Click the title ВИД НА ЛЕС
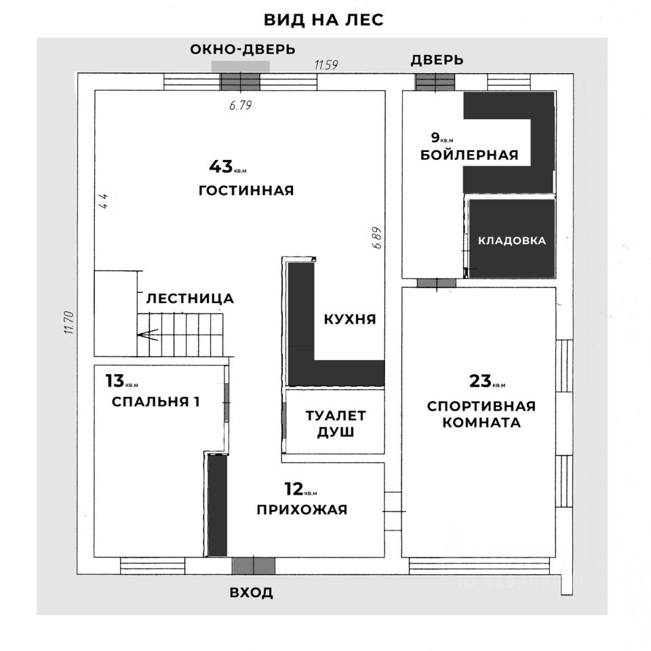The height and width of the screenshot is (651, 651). tap(323, 20)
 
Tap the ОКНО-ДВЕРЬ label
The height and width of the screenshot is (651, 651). tap(242, 50)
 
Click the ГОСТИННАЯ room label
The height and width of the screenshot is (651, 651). tap(245, 191)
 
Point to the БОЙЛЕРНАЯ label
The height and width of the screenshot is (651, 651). tap(469, 155)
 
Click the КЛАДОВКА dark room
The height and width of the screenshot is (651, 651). tap(512, 240)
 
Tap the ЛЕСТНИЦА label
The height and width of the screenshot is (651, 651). tap(190, 298)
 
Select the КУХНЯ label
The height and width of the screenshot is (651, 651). tap(349, 319)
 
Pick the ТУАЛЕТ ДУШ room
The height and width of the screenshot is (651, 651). tap(335, 423)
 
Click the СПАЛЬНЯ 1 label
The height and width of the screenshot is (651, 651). tap(155, 401)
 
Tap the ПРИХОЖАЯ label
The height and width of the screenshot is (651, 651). tap(302, 510)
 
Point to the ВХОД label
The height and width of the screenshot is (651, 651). tap(251, 593)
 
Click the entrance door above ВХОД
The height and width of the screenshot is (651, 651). tap(253, 566)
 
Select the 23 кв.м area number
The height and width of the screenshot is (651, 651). tap(481, 381)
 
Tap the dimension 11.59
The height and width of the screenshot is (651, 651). tap(326, 65)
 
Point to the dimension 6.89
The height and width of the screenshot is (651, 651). tap(378, 238)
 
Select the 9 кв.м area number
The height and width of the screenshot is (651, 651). tap(435, 136)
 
